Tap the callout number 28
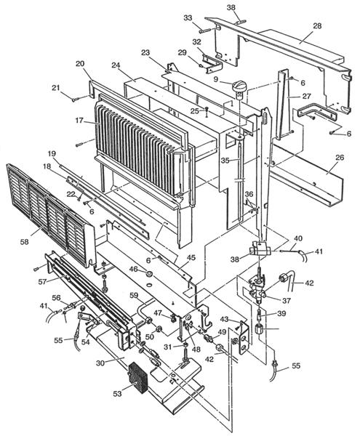click(317, 26)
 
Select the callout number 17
click(79, 121)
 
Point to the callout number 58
click(25, 242)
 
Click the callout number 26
click(340, 158)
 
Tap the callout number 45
click(191, 257)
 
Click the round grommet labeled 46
click(149, 275)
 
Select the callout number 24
click(116, 65)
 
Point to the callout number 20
click(80, 64)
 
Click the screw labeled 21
click(78, 98)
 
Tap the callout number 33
click(188, 17)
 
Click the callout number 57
click(42, 282)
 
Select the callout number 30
click(100, 363)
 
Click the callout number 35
click(225, 161)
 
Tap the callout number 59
click(134, 295)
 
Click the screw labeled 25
click(207, 112)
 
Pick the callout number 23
click(145, 52)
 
